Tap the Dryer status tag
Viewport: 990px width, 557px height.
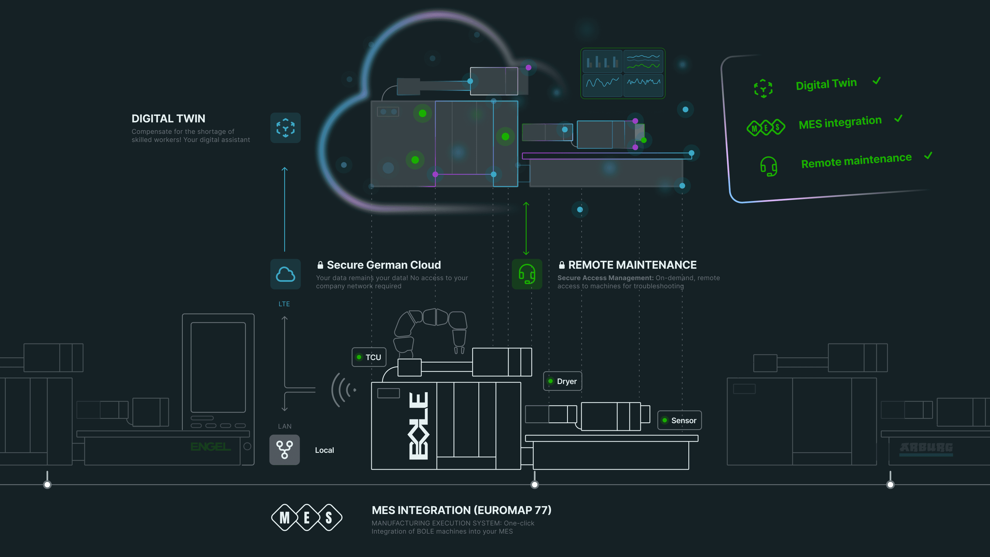click(x=563, y=381)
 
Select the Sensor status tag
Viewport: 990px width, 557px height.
click(x=679, y=420)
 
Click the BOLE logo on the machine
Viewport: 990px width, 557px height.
click(x=419, y=426)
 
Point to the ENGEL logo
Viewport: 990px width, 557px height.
click(x=211, y=447)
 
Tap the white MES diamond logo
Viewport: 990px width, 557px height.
click(x=307, y=517)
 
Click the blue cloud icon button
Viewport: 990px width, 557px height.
click(x=285, y=274)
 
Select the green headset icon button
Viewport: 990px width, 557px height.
click(x=527, y=274)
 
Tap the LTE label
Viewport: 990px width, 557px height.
click(x=284, y=304)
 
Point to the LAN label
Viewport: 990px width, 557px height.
click(x=285, y=426)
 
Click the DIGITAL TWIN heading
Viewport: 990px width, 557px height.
click(x=168, y=118)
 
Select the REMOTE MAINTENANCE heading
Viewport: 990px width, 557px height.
click(x=632, y=265)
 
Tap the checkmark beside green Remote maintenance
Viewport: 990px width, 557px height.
click(x=928, y=156)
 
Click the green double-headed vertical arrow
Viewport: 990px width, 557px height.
click(x=526, y=229)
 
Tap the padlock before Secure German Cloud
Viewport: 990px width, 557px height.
click(x=320, y=265)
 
